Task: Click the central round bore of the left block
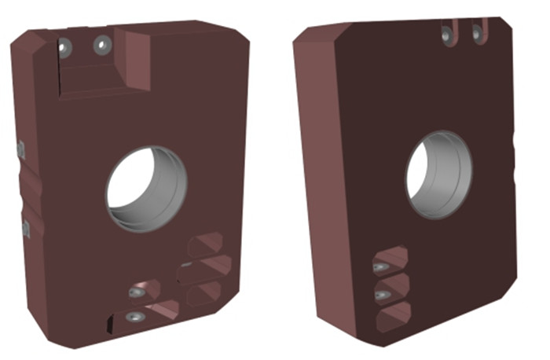click(147, 189)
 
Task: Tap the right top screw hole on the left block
click(101, 45)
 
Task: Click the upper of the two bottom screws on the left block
click(137, 292)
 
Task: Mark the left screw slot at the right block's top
click(449, 34)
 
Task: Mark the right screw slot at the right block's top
click(476, 32)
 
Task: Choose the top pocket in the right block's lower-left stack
click(390, 260)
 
